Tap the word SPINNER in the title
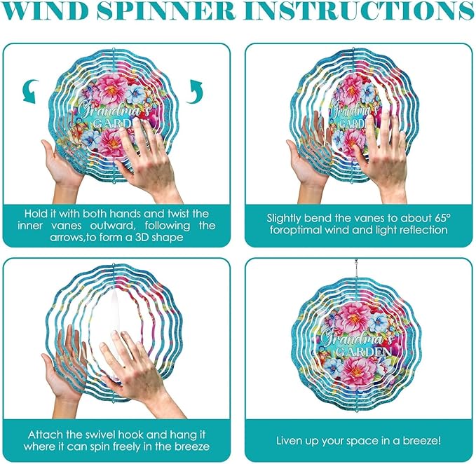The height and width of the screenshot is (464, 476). [x=167, y=11]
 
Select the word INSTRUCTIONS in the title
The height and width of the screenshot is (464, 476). [x=359, y=11]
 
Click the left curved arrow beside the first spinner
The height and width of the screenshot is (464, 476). [x=31, y=91]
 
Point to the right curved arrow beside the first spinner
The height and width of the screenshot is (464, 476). [x=194, y=91]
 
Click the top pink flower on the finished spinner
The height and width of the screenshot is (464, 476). [x=354, y=318]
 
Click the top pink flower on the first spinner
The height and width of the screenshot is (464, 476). [x=111, y=90]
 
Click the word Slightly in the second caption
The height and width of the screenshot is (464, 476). [x=284, y=219]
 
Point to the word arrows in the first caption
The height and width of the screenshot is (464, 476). [x=67, y=238]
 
